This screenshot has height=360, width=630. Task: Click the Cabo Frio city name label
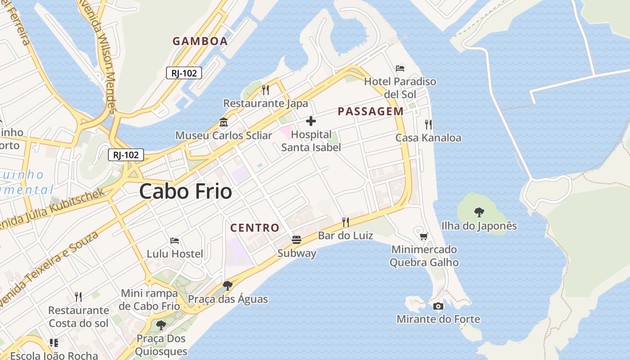185,192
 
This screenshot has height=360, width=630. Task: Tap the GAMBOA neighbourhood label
200,41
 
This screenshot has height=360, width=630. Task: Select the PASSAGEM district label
370,112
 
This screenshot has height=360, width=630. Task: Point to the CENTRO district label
255,228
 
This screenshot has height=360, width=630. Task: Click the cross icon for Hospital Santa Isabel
310,121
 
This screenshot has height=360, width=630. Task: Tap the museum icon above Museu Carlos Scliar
223,122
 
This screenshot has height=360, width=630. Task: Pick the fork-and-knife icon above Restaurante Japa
265,90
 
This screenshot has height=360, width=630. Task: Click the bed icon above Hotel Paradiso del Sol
400,68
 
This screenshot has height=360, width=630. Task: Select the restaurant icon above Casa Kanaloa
428,124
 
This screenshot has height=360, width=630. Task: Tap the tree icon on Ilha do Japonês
479,212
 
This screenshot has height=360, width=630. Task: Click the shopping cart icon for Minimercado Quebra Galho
423,236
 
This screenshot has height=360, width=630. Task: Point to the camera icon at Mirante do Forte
438,306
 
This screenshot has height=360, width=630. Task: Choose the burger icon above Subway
296,240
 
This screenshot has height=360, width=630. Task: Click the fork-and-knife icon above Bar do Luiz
345,222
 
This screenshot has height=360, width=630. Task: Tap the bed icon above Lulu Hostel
175,241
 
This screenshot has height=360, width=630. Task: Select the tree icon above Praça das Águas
227,285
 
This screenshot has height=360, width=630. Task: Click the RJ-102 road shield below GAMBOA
184,73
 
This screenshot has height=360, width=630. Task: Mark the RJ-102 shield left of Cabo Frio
126,155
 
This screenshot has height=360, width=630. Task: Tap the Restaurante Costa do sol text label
79,317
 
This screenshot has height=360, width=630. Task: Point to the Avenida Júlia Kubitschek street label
54,209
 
